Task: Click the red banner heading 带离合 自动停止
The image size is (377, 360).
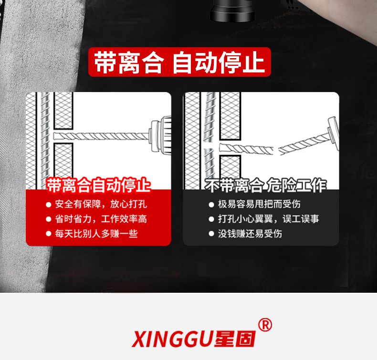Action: point(179,62)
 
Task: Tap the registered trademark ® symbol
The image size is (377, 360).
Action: point(265,325)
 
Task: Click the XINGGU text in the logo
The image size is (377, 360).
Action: point(172,339)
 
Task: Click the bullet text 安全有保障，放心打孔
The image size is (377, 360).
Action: point(101,204)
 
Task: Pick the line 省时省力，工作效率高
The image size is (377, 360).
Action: point(101,219)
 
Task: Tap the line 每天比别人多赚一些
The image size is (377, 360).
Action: point(96,234)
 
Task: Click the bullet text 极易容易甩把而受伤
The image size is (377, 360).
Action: point(259,204)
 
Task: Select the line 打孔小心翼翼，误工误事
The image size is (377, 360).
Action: point(268,219)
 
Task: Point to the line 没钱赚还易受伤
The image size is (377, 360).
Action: point(250,234)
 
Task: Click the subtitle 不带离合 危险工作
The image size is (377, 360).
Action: point(266,185)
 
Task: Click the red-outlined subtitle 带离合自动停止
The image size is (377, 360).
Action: point(99,185)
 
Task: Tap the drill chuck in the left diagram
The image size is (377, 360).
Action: point(160,134)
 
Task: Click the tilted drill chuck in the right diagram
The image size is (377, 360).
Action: point(333,133)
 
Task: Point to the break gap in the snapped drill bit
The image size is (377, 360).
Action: point(276,150)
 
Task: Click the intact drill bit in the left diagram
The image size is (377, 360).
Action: point(101,136)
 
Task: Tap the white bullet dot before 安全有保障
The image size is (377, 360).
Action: point(49,205)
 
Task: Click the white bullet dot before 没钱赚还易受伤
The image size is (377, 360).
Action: point(211,234)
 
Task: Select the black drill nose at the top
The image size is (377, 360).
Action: point(232,10)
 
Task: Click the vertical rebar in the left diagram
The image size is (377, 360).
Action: point(44,141)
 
